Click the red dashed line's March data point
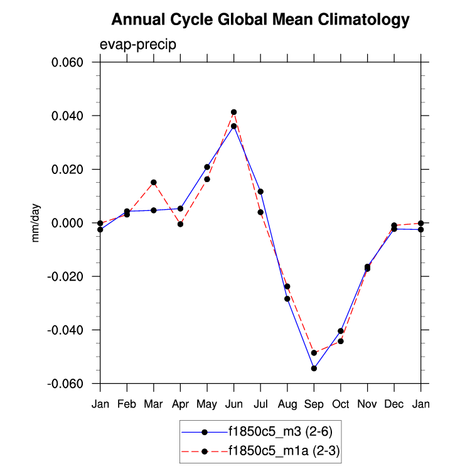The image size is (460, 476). pos(154,182)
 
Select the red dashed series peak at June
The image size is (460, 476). pos(233,112)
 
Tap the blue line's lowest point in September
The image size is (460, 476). pos(314,368)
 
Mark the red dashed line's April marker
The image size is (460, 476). pos(180,224)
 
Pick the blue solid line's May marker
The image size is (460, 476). pos(207,167)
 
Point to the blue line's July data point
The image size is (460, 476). pos(260,192)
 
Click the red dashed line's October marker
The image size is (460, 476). pos(341,341)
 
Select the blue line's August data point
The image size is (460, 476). pos(287,298)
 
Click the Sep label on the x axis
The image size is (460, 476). pos(314,404)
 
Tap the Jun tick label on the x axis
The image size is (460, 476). pos(233,404)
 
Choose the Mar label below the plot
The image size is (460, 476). pos(154,404)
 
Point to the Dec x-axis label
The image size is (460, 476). pos(394,404)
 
